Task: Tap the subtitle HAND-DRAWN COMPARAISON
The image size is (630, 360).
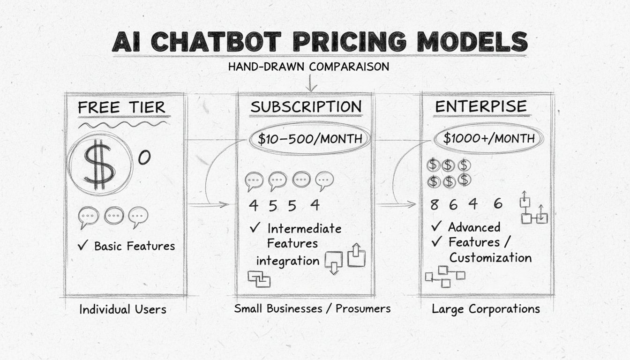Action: (308, 67)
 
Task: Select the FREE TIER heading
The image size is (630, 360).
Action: (121, 107)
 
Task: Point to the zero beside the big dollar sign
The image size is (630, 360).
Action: (144, 158)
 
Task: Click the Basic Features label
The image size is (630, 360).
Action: (135, 246)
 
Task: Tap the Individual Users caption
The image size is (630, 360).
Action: (123, 309)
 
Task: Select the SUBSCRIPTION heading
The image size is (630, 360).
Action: (306, 106)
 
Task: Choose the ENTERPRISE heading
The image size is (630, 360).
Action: (480, 106)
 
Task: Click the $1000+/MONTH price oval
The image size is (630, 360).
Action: (489, 138)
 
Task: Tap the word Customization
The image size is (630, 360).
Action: (490, 258)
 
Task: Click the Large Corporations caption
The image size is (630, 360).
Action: (486, 309)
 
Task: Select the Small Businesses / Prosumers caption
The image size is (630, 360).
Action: (312, 308)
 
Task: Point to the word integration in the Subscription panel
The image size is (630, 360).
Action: (288, 260)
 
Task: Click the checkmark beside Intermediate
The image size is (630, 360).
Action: (255, 228)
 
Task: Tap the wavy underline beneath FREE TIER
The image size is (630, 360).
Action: (122, 125)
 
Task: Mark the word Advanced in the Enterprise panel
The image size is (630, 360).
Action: (474, 227)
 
